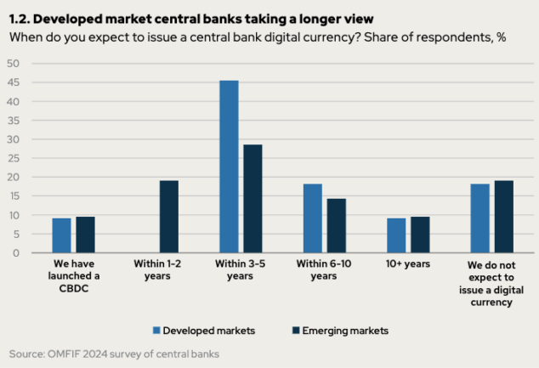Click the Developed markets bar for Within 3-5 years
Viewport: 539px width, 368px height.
pos(229,167)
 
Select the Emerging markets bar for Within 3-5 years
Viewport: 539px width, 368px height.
pos(252,199)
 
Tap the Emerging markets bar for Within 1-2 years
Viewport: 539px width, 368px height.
pos(169,217)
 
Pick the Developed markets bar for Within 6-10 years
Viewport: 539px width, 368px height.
pos(313,218)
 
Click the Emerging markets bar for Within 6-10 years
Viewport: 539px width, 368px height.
pos(337,226)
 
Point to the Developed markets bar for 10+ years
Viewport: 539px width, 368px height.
pos(396,235)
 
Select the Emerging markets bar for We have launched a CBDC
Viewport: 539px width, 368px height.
pos(86,235)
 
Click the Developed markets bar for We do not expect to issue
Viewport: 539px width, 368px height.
pos(479,218)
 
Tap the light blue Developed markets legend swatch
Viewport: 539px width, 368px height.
pos(156,331)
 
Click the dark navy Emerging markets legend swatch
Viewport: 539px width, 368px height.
pos(296,331)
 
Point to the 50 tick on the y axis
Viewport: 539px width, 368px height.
pos(13,64)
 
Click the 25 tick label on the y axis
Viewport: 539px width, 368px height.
pos(13,158)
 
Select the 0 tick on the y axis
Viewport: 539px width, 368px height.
pos(16,253)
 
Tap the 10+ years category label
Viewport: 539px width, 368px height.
pos(408,263)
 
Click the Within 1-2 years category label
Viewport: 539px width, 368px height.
pos(157,269)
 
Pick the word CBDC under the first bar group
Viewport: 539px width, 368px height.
pos(74,288)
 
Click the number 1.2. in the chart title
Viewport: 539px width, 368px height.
pos(20,20)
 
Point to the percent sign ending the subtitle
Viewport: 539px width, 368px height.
pos(501,37)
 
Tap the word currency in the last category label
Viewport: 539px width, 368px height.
pos(491,303)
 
